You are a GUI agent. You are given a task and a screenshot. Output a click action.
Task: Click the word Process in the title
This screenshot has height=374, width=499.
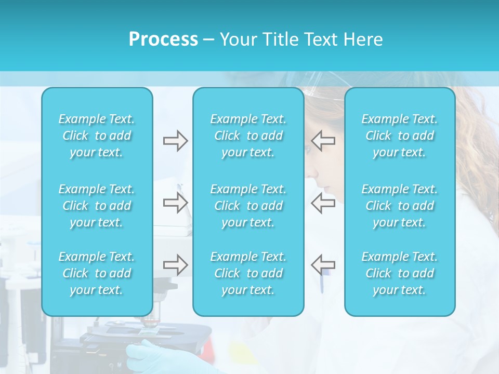(x=163, y=39)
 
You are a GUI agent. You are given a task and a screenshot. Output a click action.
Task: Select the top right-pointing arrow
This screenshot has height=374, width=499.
(x=175, y=141)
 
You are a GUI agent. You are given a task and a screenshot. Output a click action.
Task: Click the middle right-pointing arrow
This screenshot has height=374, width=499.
(x=175, y=203)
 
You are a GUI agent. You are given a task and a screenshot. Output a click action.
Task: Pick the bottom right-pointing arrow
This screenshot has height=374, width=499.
(x=175, y=265)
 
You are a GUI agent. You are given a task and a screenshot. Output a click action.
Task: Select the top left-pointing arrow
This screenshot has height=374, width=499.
(x=323, y=141)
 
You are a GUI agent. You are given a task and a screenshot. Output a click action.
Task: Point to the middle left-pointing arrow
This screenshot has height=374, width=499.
(x=323, y=203)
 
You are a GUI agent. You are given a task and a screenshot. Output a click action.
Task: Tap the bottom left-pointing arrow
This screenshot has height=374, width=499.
(x=323, y=265)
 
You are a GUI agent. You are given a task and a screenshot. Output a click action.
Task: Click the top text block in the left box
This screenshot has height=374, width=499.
(x=97, y=136)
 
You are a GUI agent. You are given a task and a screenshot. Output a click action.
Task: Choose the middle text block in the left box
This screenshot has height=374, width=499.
(x=97, y=206)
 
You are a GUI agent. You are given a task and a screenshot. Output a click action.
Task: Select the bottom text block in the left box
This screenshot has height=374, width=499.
(x=97, y=273)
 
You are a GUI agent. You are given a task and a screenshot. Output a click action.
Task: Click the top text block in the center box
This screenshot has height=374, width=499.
(x=248, y=136)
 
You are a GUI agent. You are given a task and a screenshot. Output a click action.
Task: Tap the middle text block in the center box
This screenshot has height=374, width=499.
(x=248, y=206)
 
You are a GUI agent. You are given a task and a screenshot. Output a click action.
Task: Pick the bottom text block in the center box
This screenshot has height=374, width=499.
(x=248, y=273)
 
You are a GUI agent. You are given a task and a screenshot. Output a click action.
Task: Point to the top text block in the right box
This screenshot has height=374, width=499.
(x=400, y=136)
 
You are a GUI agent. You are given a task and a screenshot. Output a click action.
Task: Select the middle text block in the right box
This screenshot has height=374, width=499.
(x=400, y=206)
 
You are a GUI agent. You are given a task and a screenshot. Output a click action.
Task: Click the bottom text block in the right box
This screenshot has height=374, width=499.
(x=400, y=273)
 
